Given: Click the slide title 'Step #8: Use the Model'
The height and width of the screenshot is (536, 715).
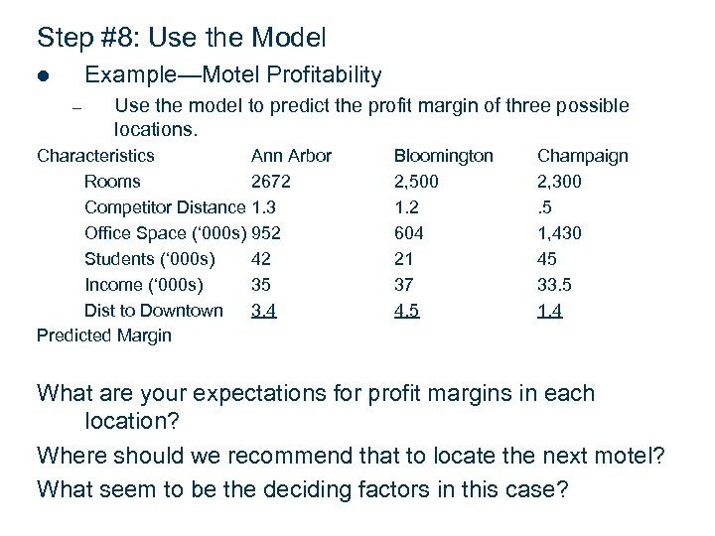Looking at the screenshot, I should tap(181, 39).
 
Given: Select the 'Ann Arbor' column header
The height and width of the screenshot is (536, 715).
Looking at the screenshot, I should tap(291, 156).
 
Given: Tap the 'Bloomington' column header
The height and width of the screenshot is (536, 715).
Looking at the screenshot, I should tap(443, 156).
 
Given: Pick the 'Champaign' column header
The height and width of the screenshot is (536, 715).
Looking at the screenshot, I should tap(582, 156).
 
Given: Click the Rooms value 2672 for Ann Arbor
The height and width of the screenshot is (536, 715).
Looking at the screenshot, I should tap(271, 182).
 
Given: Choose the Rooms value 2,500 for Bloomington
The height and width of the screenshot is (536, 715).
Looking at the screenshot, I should tap(416, 182).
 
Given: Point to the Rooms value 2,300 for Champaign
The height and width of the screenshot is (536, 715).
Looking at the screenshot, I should tap(559, 182).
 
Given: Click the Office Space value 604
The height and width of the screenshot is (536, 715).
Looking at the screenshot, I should tap(408, 233).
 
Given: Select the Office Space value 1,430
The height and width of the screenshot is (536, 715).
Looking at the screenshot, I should tap(559, 233).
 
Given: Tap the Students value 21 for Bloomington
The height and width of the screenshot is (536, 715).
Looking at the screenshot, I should tap(404, 259).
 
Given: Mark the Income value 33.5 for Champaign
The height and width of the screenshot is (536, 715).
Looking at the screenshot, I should tap(554, 285).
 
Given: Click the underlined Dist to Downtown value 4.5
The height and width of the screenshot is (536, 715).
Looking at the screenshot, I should tap(406, 311).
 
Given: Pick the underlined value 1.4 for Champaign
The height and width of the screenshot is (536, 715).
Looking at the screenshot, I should tap(549, 311).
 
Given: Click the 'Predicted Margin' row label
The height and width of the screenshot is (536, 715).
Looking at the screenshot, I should tap(103, 335).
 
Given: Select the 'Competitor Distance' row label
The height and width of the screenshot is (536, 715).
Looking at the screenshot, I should tap(165, 207).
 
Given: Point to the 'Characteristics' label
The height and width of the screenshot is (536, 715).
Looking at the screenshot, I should tap(95, 156).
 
